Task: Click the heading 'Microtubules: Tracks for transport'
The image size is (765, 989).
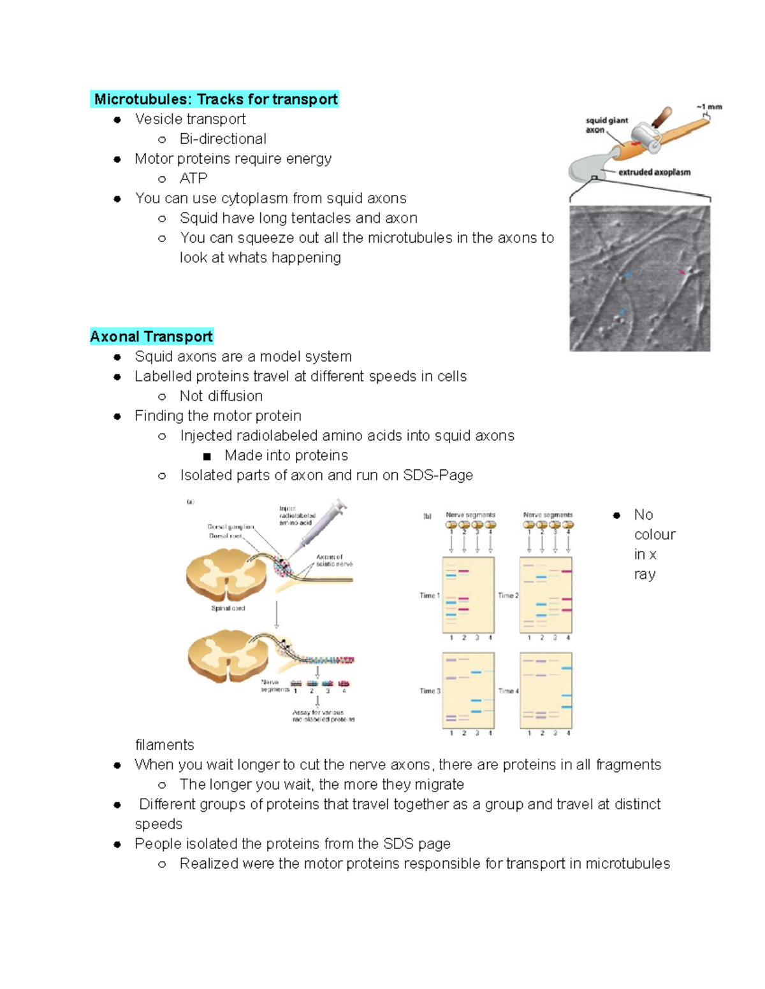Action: pyautogui.click(x=215, y=99)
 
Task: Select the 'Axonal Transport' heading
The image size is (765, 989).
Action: pyautogui.click(x=151, y=337)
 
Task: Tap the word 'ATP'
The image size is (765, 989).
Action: pyautogui.click(x=193, y=178)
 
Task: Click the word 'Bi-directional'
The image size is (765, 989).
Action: pyautogui.click(x=222, y=139)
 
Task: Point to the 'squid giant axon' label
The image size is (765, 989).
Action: pyautogui.click(x=606, y=125)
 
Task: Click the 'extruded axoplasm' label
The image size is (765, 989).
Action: pyautogui.click(x=654, y=172)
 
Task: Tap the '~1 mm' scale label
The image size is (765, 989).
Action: pyautogui.click(x=709, y=107)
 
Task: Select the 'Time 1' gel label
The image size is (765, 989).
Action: pyautogui.click(x=429, y=595)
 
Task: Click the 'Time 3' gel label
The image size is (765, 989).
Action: pyautogui.click(x=429, y=691)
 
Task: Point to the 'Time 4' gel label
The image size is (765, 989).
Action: pyautogui.click(x=507, y=691)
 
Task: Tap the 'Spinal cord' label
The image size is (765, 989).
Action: pyautogui.click(x=228, y=608)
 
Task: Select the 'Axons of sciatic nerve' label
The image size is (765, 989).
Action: pyautogui.click(x=333, y=560)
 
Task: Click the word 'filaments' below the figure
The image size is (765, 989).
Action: pyautogui.click(x=164, y=745)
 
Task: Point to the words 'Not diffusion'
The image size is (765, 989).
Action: pyautogui.click(x=221, y=396)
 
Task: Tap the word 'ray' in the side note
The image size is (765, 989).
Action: pyautogui.click(x=645, y=574)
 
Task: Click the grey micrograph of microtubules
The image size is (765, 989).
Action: pyautogui.click(x=639, y=278)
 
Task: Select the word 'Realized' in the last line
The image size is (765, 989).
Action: pyautogui.click(x=206, y=864)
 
